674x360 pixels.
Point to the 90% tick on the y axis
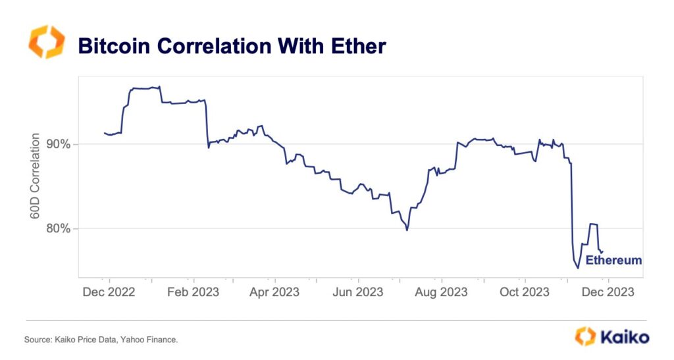(60, 144)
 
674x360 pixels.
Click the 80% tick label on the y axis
(60, 228)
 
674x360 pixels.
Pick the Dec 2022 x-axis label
(109, 292)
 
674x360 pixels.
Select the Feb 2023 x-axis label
(193, 292)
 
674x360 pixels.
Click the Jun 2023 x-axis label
(357, 292)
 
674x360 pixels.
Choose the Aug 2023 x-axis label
(442, 292)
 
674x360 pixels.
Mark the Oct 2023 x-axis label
(524, 292)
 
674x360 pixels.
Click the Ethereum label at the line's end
(613, 260)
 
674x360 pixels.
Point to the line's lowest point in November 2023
(578, 268)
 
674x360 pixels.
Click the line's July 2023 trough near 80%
(407, 230)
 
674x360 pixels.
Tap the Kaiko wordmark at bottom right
(624, 337)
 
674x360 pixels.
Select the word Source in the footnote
(38, 340)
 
